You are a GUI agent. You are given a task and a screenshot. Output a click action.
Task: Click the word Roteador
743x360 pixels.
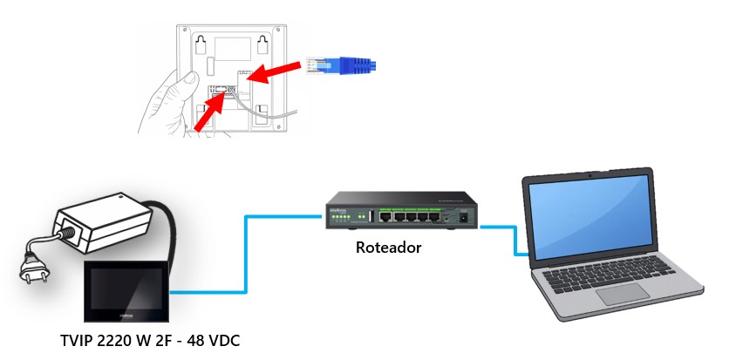[388, 248]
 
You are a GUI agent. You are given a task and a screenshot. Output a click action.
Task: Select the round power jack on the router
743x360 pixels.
[463, 217]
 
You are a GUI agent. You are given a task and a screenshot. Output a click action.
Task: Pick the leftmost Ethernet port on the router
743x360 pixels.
[385, 217]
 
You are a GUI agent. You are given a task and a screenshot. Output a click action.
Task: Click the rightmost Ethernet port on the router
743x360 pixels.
[434, 217]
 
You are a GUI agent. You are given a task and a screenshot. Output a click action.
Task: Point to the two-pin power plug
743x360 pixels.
[34, 268]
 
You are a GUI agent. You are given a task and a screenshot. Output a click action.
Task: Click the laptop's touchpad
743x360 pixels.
[623, 294]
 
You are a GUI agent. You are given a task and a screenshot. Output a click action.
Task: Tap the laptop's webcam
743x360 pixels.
[590, 176]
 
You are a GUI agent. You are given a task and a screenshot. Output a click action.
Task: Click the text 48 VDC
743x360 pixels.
[214, 341]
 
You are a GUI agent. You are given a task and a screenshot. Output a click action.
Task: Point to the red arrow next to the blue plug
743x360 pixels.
[275, 71]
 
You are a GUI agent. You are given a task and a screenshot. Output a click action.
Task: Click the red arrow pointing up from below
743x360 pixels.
[209, 112]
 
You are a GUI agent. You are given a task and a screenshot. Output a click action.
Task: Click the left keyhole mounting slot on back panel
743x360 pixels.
[201, 44]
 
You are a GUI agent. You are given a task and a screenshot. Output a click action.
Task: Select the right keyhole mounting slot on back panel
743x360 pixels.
[262, 44]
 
